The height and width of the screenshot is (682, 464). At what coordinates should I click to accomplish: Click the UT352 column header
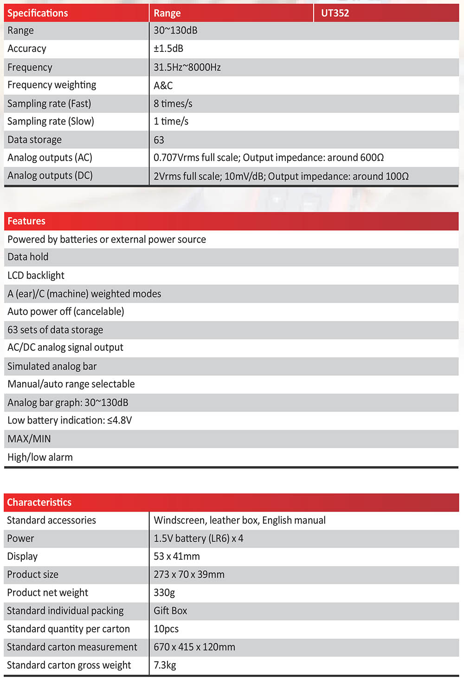click(335, 13)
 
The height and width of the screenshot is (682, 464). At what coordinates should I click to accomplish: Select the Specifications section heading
click(38, 13)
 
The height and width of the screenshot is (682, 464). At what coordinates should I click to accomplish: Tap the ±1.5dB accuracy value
click(168, 49)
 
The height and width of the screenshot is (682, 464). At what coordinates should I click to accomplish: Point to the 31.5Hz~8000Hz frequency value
click(187, 67)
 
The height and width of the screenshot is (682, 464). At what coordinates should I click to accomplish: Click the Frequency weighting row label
click(52, 85)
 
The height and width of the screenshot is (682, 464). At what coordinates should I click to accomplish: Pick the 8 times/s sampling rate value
click(173, 103)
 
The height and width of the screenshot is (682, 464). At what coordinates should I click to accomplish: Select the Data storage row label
click(34, 139)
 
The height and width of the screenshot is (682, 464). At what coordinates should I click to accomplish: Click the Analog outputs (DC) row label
click(50, 176)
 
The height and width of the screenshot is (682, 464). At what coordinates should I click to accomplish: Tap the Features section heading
click(26, 221)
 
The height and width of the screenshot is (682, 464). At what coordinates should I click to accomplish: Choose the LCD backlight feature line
click(36, 275)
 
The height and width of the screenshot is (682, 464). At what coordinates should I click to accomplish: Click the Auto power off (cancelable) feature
click(66, 311)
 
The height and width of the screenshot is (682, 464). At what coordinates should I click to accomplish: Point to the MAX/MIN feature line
click(29, 439)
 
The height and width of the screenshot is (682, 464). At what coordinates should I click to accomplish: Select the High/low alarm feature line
click(40, 457)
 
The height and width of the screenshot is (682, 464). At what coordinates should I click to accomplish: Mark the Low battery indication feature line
click(70, 420)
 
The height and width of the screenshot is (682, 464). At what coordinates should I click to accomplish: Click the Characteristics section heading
click(39, 502)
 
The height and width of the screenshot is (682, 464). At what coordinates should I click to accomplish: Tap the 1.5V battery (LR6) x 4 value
click(198, 538)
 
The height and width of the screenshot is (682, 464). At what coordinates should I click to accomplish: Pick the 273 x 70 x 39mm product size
click(189, 575)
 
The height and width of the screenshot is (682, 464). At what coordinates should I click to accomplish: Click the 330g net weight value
click(164, 593)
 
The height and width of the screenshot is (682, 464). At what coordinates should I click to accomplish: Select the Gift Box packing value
click(170, 611)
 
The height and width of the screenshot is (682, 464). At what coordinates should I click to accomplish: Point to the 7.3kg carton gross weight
click(165, 665)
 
